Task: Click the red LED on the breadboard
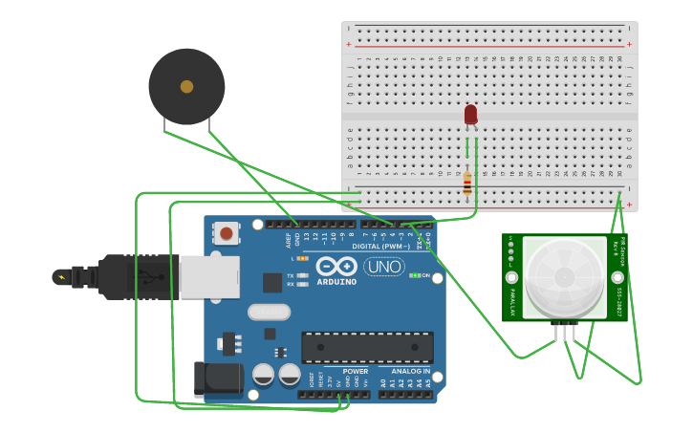tap(470, 115)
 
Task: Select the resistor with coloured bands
tap(467, 183)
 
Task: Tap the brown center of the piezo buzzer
tap(186, 87)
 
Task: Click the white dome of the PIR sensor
tap(564, 277)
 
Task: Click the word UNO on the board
tap(383, 267)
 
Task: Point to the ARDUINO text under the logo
tap(336, 282)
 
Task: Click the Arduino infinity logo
tap(336, 266)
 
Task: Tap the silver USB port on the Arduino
tap(209, 276)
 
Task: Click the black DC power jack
tap(218, 379)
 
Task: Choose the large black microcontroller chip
tap(367, 347)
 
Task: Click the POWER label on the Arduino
tap(355, 371)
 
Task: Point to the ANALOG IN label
tap(410, 371)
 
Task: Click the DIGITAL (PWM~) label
tap(380, 246)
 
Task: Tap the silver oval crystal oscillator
tap(269, 312)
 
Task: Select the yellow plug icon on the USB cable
tap(62, 277)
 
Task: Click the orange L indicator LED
tap(302, 258)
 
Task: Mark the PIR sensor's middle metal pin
tap(564, 332)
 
